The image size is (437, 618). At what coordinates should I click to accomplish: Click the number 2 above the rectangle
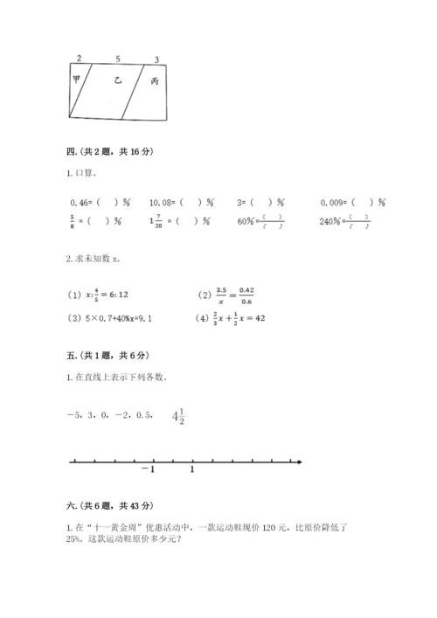tap(80, 59)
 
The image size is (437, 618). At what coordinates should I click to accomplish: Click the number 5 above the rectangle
tap(118, 59)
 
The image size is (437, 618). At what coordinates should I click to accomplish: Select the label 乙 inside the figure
tap(118, 80)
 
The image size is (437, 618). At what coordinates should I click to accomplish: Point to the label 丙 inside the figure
tap(155, 81)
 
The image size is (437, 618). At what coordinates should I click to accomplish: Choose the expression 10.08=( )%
tap(184, 202)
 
